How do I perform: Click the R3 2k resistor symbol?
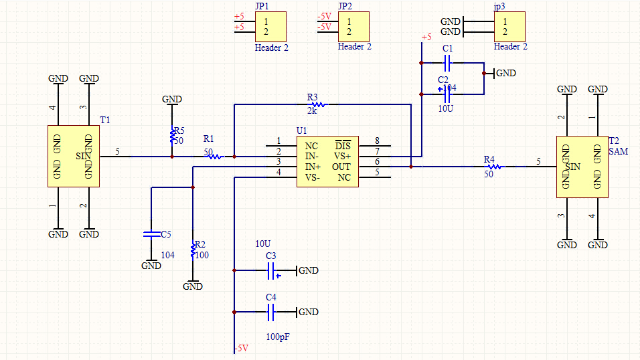pos(319,104)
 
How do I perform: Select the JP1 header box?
pos(270,27)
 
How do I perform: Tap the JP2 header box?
pos(353,27)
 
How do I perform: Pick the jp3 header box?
pos(509,27)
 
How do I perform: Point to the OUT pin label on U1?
pos(341,167)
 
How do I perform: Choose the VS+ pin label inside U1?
pos(342,156)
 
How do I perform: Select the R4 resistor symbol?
pos(493,167)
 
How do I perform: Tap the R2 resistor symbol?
pos(193,250)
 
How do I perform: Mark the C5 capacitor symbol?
pos(151,234)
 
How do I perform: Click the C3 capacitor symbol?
pos(271,270)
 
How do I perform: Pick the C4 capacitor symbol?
pos(271,312)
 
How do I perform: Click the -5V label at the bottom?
pos(240,349)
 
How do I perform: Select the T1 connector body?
pos(74,157)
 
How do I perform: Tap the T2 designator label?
pos(615,141)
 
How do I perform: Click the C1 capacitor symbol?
pos(449,64)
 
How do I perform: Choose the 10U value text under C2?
pos(447,108)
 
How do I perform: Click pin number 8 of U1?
pos(378,141)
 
